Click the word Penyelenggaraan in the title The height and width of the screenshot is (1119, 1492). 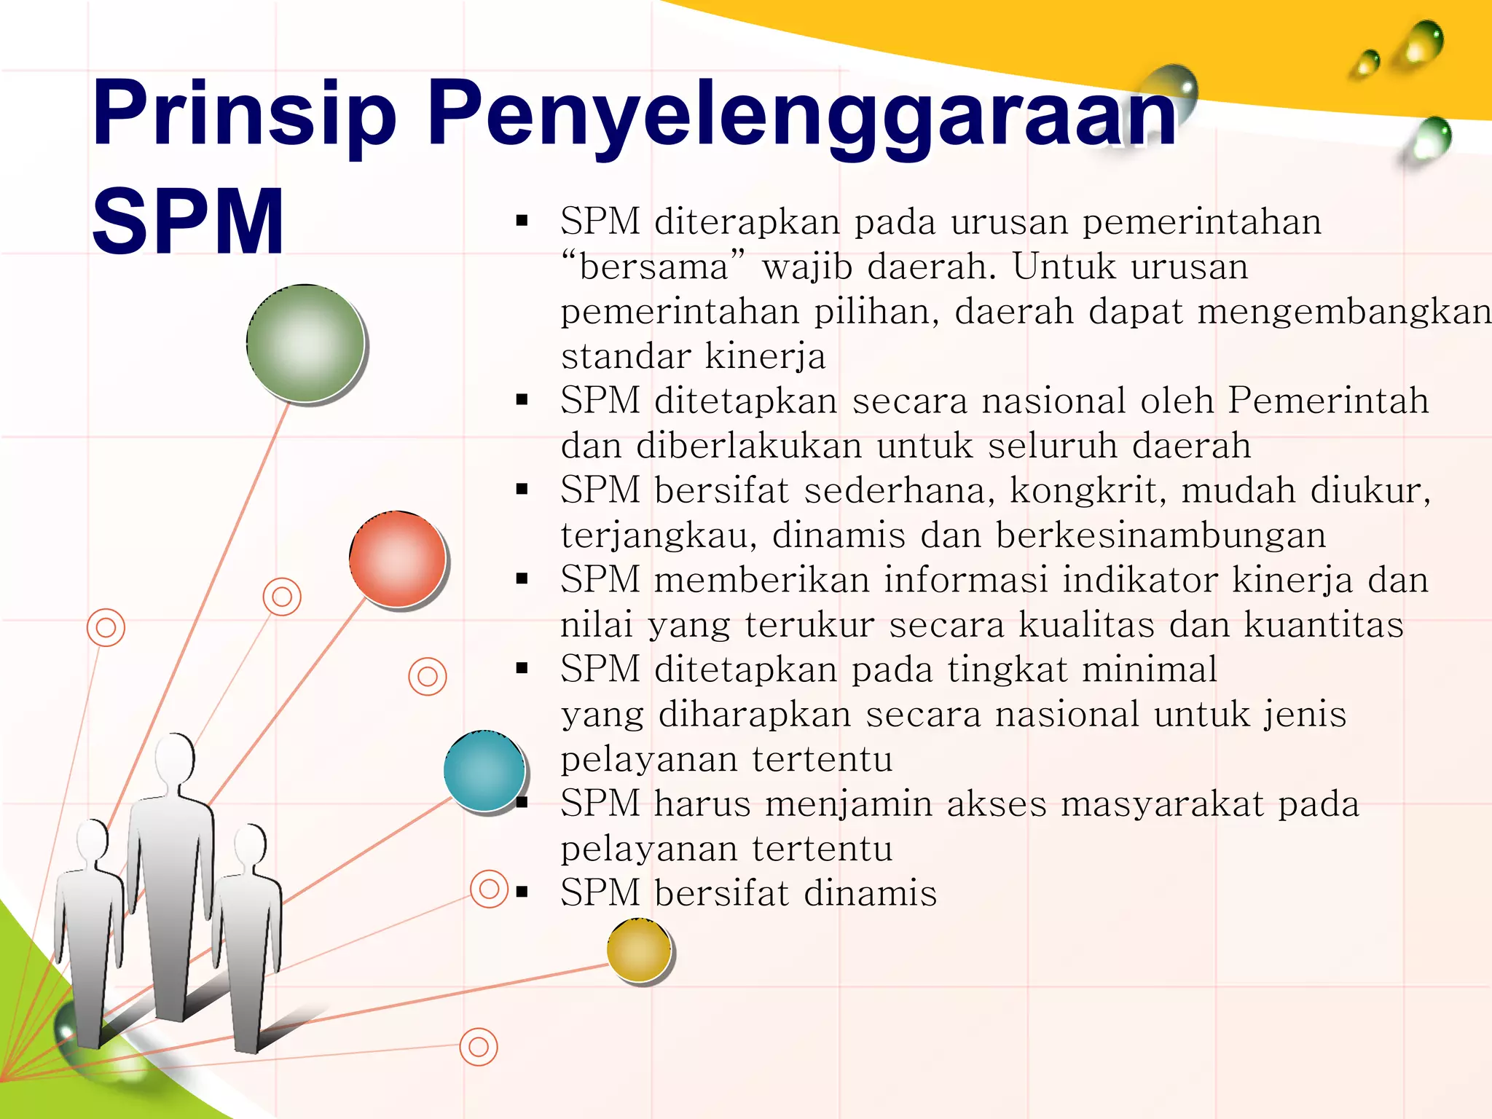[801, 117]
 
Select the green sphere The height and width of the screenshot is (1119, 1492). [305, 342]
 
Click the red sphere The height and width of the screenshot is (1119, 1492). [397, 559]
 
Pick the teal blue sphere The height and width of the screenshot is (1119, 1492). [484, 770]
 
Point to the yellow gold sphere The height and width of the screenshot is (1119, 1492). [638, 950]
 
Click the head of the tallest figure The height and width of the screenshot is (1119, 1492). [174, 758]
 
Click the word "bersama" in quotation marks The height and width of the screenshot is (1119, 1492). [653, 267]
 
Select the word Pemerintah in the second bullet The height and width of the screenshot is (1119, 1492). [1328, 401]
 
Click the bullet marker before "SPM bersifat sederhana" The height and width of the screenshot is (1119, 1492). [522, 490]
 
